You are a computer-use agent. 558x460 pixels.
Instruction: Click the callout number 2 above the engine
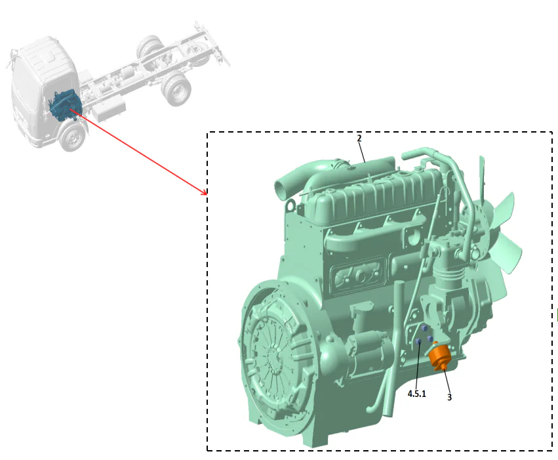click(x=359, y=138)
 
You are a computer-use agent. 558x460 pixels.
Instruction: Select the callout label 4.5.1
click(x=416, y=394)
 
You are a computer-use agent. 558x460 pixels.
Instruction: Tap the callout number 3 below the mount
click(x=449, y=396)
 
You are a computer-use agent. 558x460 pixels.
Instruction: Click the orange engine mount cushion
click(x=438, y=358)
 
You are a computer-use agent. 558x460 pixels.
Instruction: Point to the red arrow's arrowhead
click(x=205, y=193)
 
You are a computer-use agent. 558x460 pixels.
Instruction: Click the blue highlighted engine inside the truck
click(x=65, y=105)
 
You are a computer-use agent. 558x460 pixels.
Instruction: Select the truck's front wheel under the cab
click(x=73, y=137)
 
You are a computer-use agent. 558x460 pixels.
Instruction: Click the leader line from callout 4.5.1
click(x=418, y=367)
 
